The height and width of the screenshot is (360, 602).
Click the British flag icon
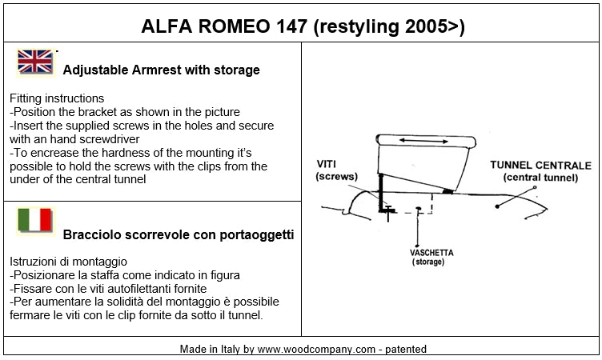click(x=35, y=62)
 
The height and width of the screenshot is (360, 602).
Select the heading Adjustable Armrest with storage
click(x=161, y=70)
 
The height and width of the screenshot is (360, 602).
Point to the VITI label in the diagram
click(x=327, y=164)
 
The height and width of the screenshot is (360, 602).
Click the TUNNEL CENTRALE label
click(x=540, y=166)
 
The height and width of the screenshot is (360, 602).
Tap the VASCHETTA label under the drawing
click(x=431, y=253)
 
